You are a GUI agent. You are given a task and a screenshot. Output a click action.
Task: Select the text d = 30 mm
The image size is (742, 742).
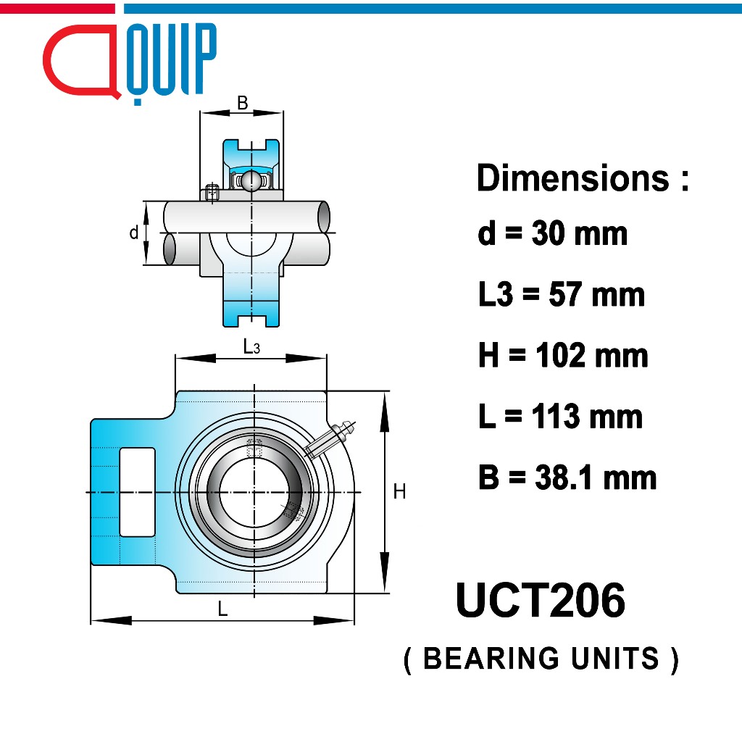552,233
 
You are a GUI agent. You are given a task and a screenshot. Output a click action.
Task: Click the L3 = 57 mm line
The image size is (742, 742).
561,294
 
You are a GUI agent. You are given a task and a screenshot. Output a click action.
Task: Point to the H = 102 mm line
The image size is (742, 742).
563,355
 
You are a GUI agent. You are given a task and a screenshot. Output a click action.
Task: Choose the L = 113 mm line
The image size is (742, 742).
560,417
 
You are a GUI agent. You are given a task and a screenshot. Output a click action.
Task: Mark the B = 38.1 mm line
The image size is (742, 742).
567,478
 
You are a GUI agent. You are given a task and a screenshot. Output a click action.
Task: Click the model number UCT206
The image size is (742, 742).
540,601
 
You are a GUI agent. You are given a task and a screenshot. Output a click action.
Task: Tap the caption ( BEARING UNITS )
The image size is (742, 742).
541,659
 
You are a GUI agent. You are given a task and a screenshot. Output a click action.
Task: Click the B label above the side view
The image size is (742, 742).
243,104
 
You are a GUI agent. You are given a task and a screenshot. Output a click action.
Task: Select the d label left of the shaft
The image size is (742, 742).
133,233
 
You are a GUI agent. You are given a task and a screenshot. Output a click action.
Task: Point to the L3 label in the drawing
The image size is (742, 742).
251,347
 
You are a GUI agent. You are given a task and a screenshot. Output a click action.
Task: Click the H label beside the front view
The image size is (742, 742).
399,492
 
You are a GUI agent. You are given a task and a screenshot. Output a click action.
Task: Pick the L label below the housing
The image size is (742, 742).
223,609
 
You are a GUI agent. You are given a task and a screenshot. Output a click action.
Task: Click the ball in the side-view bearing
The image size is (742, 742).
251,180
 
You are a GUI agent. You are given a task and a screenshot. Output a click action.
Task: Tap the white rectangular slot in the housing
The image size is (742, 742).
137,492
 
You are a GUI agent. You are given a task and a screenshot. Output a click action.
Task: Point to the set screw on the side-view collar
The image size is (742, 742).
212,192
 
